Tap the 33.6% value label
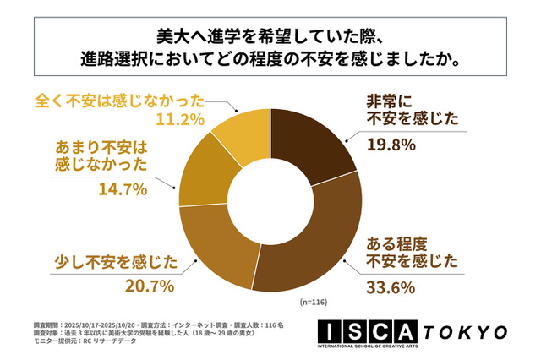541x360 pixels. coord(391,287)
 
